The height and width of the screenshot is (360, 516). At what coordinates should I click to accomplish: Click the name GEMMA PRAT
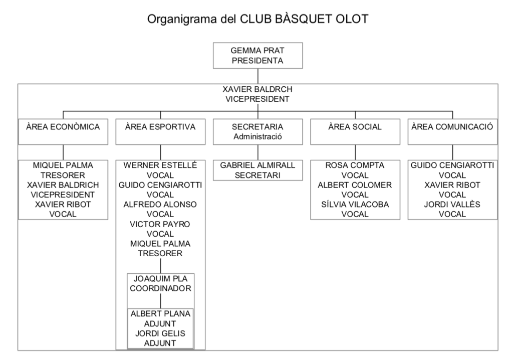257,51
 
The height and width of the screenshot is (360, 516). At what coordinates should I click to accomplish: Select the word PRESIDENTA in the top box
257,61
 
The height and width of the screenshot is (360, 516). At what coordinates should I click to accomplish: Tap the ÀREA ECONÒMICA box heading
63,127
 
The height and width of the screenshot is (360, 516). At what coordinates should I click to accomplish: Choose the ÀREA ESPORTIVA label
160,127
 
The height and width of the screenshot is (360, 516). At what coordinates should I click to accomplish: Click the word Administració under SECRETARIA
257,137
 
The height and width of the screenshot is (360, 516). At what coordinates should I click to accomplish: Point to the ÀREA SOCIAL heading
355,127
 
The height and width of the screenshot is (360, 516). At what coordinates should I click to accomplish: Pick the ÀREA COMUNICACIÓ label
452,127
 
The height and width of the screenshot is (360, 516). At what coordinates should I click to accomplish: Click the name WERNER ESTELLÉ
160,165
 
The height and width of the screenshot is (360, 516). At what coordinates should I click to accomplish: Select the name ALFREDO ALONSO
160,205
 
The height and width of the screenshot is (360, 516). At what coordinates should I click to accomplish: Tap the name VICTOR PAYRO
160,224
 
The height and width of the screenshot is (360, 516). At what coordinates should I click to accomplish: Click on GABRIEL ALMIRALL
257,165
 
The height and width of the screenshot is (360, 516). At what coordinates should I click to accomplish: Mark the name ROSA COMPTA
355,165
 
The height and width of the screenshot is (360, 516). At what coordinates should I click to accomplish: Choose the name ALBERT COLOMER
355,185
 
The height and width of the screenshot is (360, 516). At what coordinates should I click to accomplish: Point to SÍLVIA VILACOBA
355,204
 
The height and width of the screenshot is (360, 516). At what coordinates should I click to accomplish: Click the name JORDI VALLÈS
452,204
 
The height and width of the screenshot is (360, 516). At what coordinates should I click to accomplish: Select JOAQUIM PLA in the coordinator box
161,279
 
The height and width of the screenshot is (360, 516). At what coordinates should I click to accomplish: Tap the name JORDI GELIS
160,333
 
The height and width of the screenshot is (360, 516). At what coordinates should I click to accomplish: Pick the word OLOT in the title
352,19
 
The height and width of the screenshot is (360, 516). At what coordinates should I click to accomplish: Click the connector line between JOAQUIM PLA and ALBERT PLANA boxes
161,301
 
